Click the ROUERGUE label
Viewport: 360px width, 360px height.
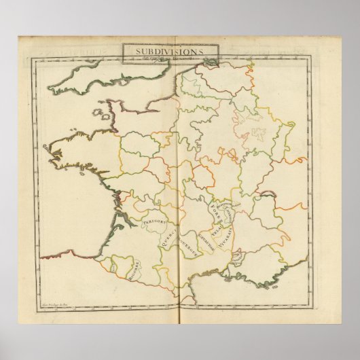tap(183, 241)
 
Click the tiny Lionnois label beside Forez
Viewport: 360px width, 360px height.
tap(227, 211)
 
